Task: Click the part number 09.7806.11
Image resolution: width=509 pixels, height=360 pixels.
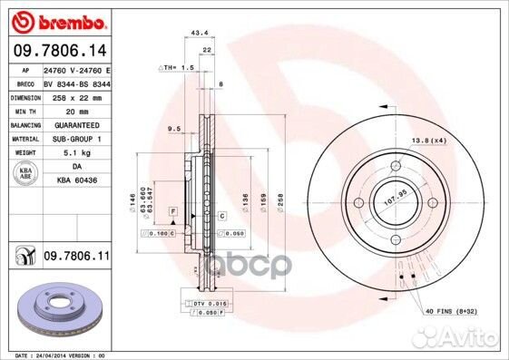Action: (x=76, y=258)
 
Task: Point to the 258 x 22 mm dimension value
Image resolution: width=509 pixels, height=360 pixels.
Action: (x=71, y=96)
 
